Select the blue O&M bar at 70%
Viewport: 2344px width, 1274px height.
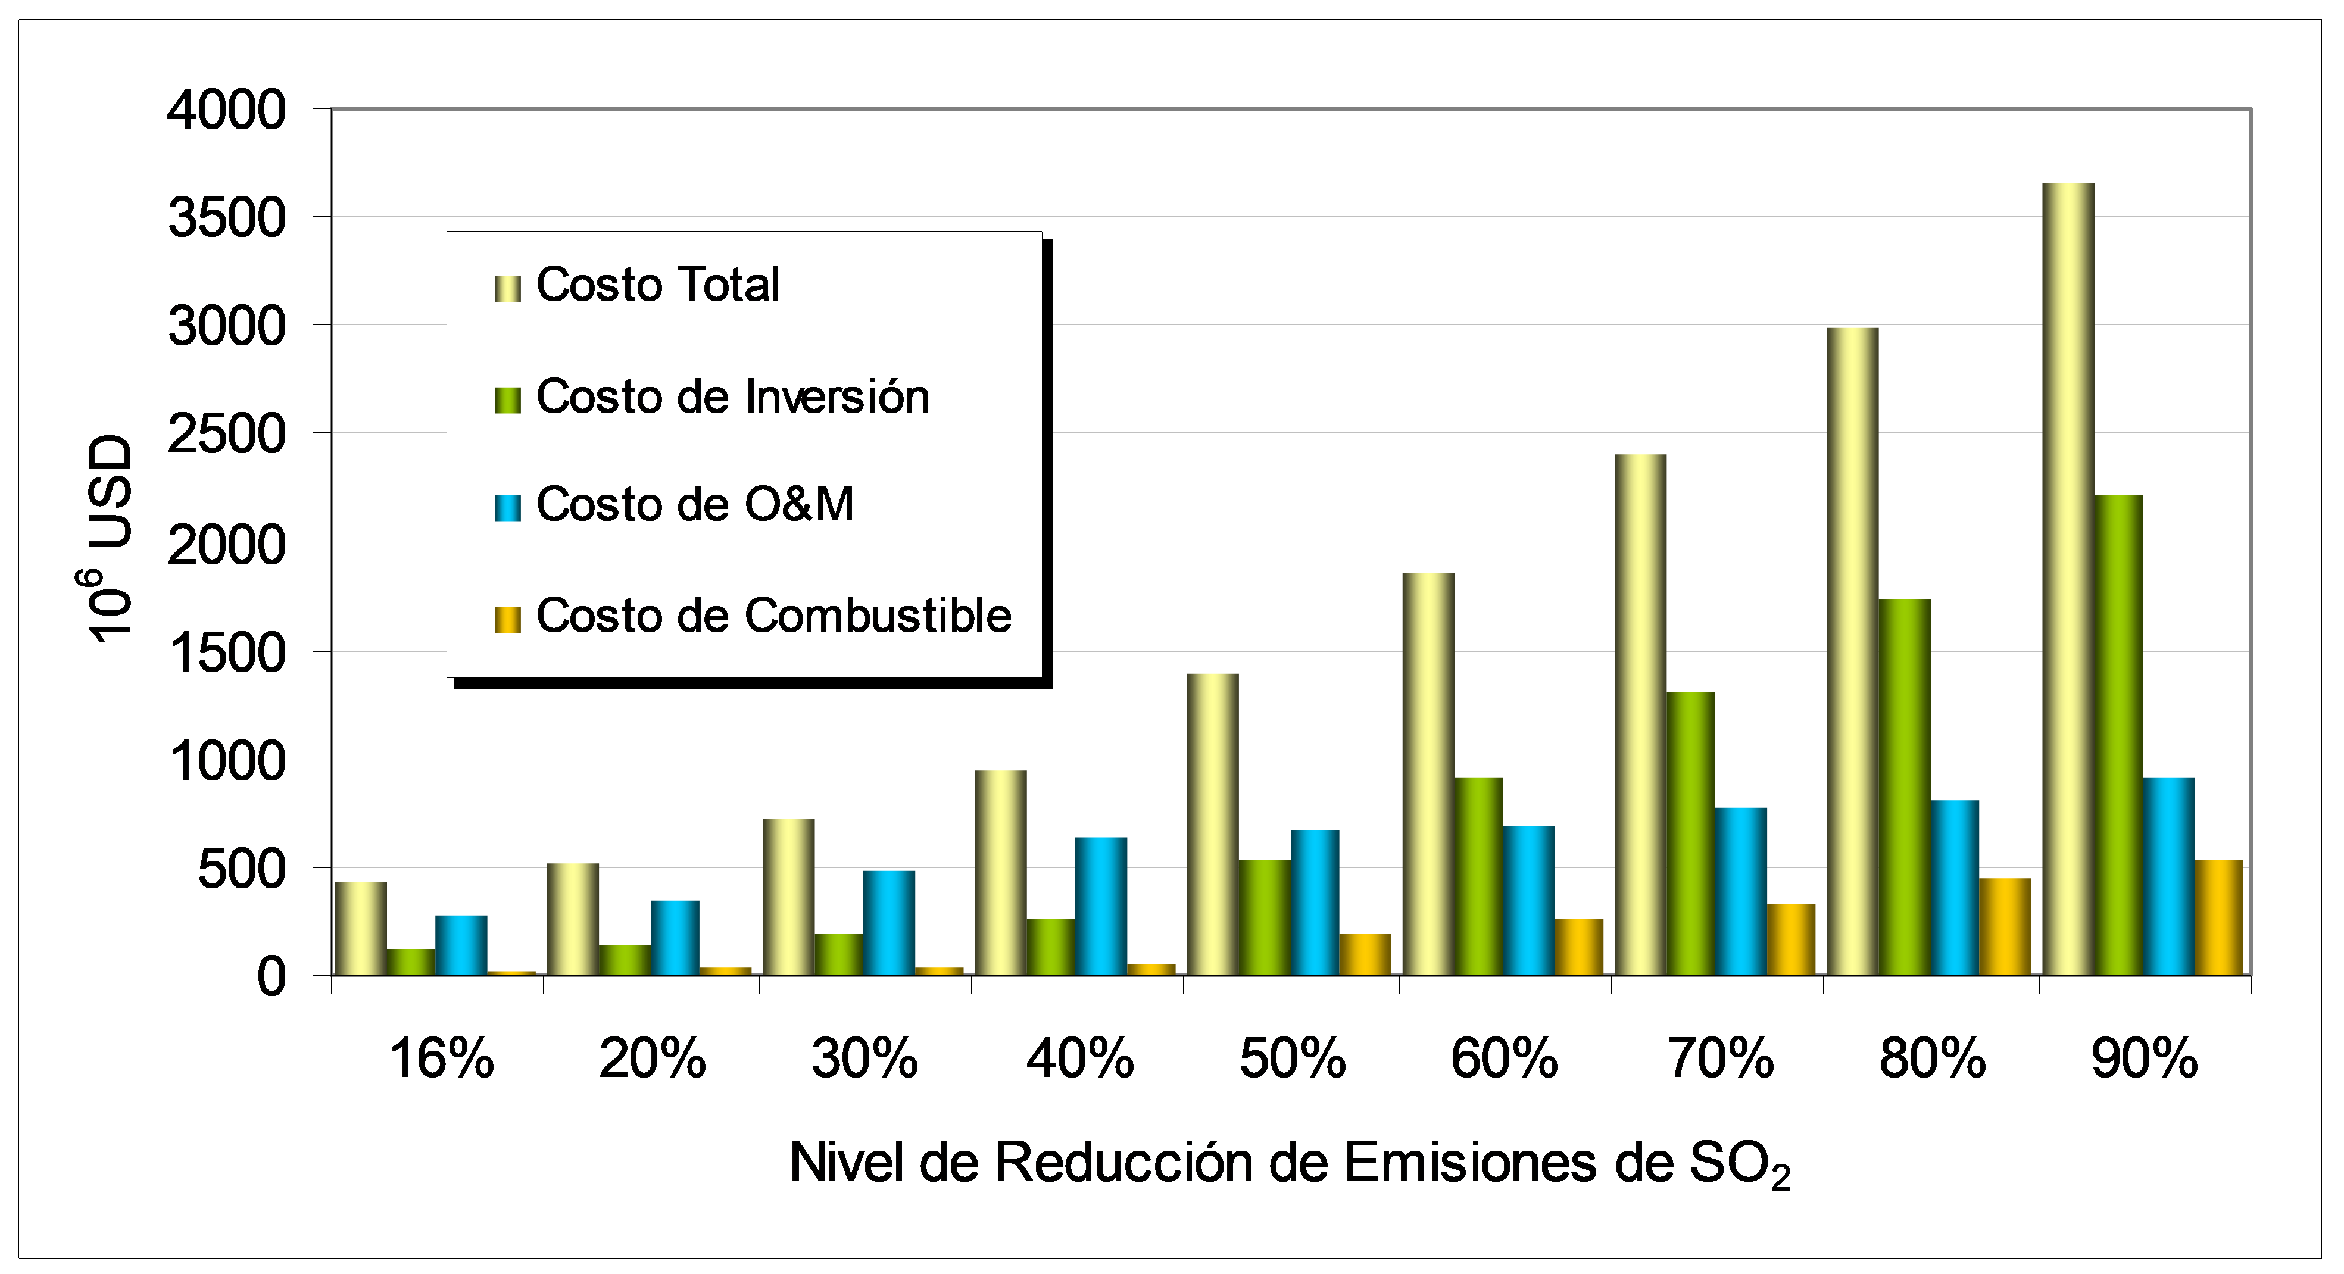[x=1741, y=892]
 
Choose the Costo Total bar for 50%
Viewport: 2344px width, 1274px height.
[x=1212, y=825]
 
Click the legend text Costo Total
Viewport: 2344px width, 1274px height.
[x=658, y=285]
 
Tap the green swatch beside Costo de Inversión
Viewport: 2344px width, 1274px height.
[x=507, y=399]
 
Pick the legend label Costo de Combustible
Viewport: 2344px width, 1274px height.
[x=773, y=616]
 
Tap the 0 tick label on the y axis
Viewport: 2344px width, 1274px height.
[x=271, y=978]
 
